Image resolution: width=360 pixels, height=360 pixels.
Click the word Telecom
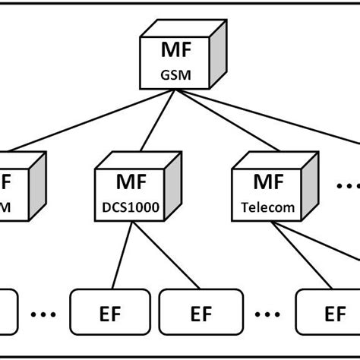click(x=263, y=206)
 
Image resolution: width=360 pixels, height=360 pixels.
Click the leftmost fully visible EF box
click(x=105, y=312)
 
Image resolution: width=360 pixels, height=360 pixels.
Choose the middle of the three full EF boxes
click(x=200, y=312)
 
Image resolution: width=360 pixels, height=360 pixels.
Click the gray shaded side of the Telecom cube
click(x=306, y=186)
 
